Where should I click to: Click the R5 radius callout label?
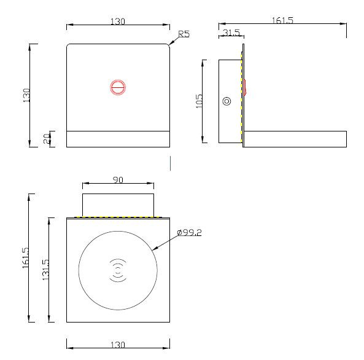pos(184,34)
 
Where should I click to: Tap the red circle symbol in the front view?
pos(118,87)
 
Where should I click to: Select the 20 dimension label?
pos(47,138)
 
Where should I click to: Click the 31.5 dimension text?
pos(231,33)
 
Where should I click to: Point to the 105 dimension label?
pos(199,101)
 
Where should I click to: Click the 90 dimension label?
pos(118,180)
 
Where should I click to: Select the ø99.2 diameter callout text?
pos(189,232)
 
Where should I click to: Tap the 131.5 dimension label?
pos(46,270)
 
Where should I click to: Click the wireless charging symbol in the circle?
pos(118,270)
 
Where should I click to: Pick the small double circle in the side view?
pos(227,101)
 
